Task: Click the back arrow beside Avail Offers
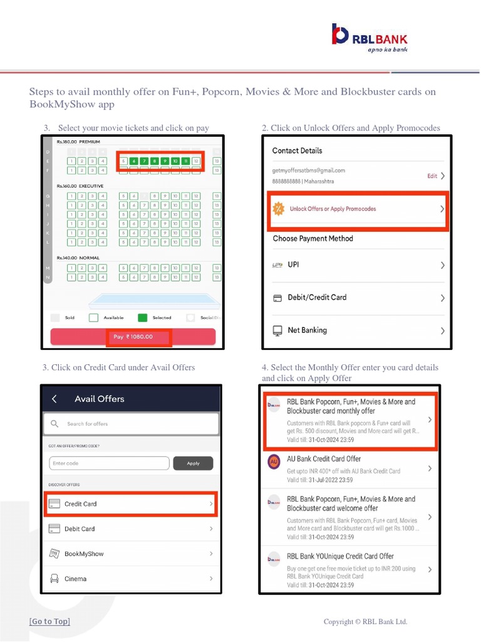pos(54,399)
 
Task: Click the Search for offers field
pos(132,424)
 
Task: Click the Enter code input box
pos(109,463)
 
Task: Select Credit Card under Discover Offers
pos(131,503)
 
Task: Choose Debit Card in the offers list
pos(131,529)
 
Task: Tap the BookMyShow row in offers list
pos(131,554)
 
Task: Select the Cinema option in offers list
pos(131,579)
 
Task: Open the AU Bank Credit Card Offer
pos(351,469)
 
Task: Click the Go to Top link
pos(49,621)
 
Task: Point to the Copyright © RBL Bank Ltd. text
pos(365,622)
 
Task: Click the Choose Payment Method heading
pos(313,238)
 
